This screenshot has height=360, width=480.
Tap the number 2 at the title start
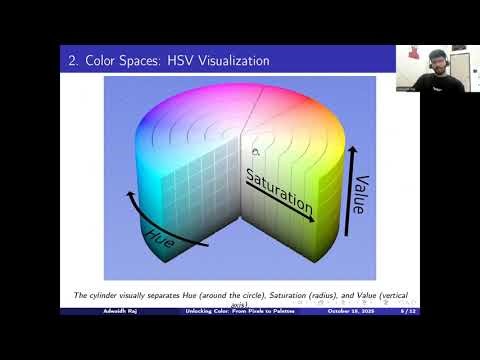click(x=73, y=61)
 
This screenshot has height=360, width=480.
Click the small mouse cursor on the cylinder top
click(x=255, y=151)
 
